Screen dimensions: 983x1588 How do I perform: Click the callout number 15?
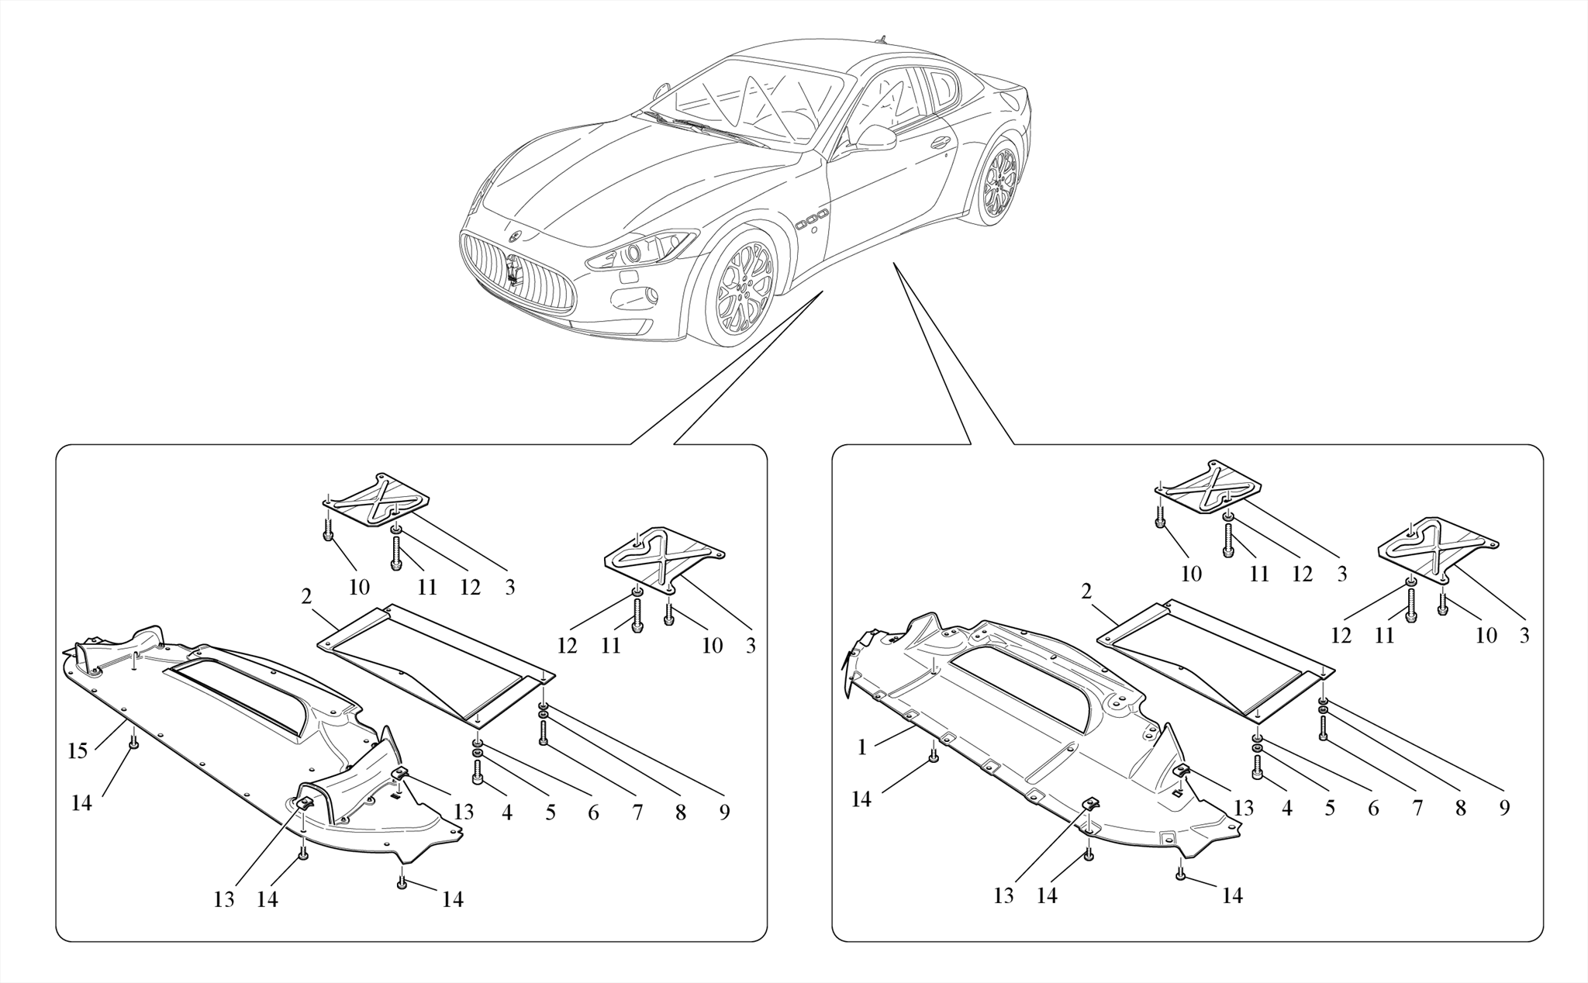77,750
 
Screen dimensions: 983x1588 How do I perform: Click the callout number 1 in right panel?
861,747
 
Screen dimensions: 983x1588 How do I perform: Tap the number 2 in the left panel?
306,597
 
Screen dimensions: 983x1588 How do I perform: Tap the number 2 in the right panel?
1086,592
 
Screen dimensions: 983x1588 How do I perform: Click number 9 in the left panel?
724,812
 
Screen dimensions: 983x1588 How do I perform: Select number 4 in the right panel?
1287,808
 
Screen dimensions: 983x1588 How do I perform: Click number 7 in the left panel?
637,812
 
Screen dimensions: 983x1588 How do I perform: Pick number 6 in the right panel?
1373,808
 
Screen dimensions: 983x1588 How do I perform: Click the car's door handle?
941,142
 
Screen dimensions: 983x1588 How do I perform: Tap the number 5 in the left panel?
551,812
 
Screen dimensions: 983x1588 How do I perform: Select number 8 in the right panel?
1460,808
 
